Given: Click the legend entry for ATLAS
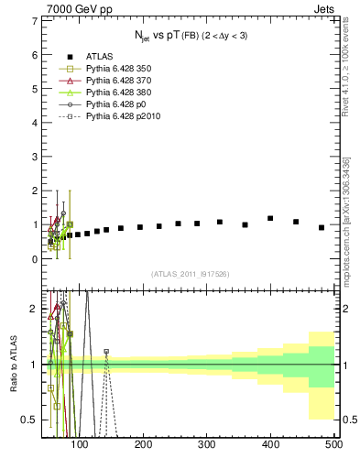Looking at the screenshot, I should [92, 56].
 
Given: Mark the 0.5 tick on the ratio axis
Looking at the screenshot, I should [30, 420].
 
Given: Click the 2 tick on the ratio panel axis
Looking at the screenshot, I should [34, 308].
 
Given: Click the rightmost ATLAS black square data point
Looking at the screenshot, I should [322, 227].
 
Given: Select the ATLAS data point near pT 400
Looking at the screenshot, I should [270, 218].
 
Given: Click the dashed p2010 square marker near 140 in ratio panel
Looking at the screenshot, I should [131, 351].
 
